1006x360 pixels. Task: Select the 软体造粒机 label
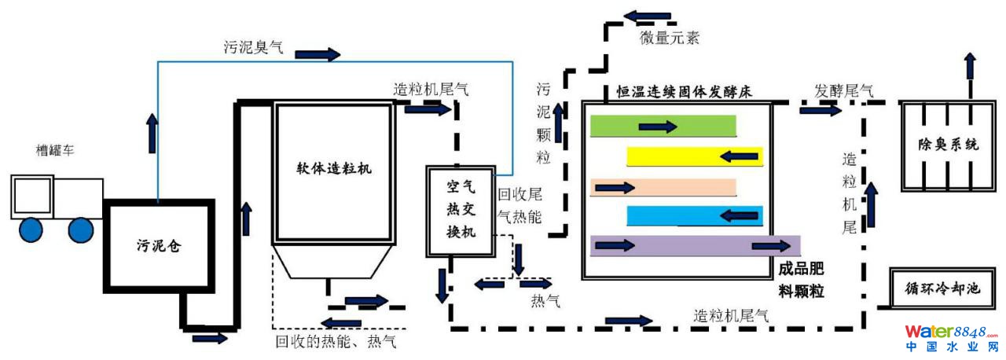[x=333, y=168]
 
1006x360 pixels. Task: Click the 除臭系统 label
[x=949, y=145]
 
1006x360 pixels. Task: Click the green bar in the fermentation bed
[x=663, y=126]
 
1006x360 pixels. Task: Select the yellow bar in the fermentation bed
[x=695, y=156]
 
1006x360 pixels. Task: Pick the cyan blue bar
[x=695, y=215]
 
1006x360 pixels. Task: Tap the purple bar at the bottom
[x=695, y=246]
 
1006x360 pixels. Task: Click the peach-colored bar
[x=663, y=187]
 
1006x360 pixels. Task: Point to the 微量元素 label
[x=669, y=38]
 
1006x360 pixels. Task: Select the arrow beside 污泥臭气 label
[x=318, y=54]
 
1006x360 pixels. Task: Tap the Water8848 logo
[x=951, y=338]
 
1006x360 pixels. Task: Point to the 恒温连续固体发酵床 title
[x=684, y=91]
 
